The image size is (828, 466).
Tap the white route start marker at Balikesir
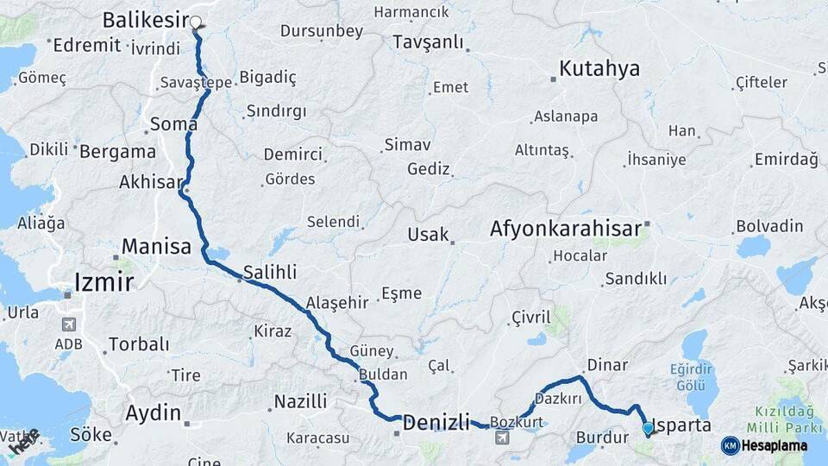tap(196, 22)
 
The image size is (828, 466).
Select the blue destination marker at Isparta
tap(648, 428)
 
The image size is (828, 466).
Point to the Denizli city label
tap(436, 423)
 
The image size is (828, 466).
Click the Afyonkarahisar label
tap(565, 229)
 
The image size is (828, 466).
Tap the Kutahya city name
tap(599, 69)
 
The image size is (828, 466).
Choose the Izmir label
tap(103, 281)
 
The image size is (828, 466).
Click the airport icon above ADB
tap(68, 325)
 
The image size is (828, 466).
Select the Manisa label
tap(156, 247)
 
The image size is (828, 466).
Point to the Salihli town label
tap(270, 272)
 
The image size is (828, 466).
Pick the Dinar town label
tap(607, 365)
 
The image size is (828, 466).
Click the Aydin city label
tap(154, 412)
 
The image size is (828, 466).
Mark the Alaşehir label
tap(337, 303)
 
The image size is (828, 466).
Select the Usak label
tap(428, 235)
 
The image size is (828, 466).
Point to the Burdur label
tap(599, 438)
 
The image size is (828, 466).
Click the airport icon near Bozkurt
tap(502, 439)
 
